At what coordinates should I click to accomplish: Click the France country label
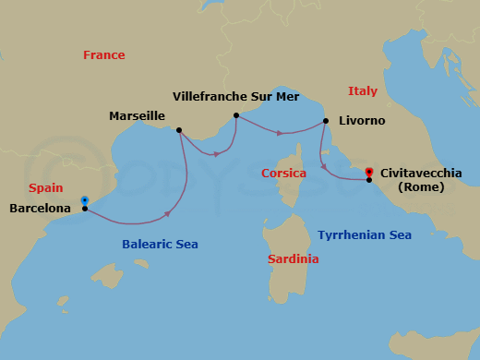click(x=103, y=55)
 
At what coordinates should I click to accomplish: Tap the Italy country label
click(x=363, y=90)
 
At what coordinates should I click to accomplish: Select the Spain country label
click(x=45, y=187)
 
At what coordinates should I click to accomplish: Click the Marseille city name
click(x=137, y=116)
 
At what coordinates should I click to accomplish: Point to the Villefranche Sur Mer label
click(x=235, y=96)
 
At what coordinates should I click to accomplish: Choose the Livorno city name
click(x=363, y=121)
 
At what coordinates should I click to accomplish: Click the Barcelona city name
click(x=40, y=209)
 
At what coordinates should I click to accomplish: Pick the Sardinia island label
click(x=294, y=259)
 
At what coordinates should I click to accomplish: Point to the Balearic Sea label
click(x=160, y=245)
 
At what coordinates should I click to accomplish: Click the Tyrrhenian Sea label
click(x=365, y=235)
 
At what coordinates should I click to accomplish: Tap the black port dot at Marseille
click(x=179, y=130)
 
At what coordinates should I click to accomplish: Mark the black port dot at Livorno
click(x=326, y=121)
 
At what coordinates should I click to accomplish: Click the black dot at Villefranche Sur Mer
click(x=236, y=115)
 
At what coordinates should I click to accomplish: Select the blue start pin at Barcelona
click(x=85, y=199)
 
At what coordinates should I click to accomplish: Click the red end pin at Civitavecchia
click(x=369, y=172)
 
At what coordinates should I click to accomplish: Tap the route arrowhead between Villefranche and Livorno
click(x=280, y=133)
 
